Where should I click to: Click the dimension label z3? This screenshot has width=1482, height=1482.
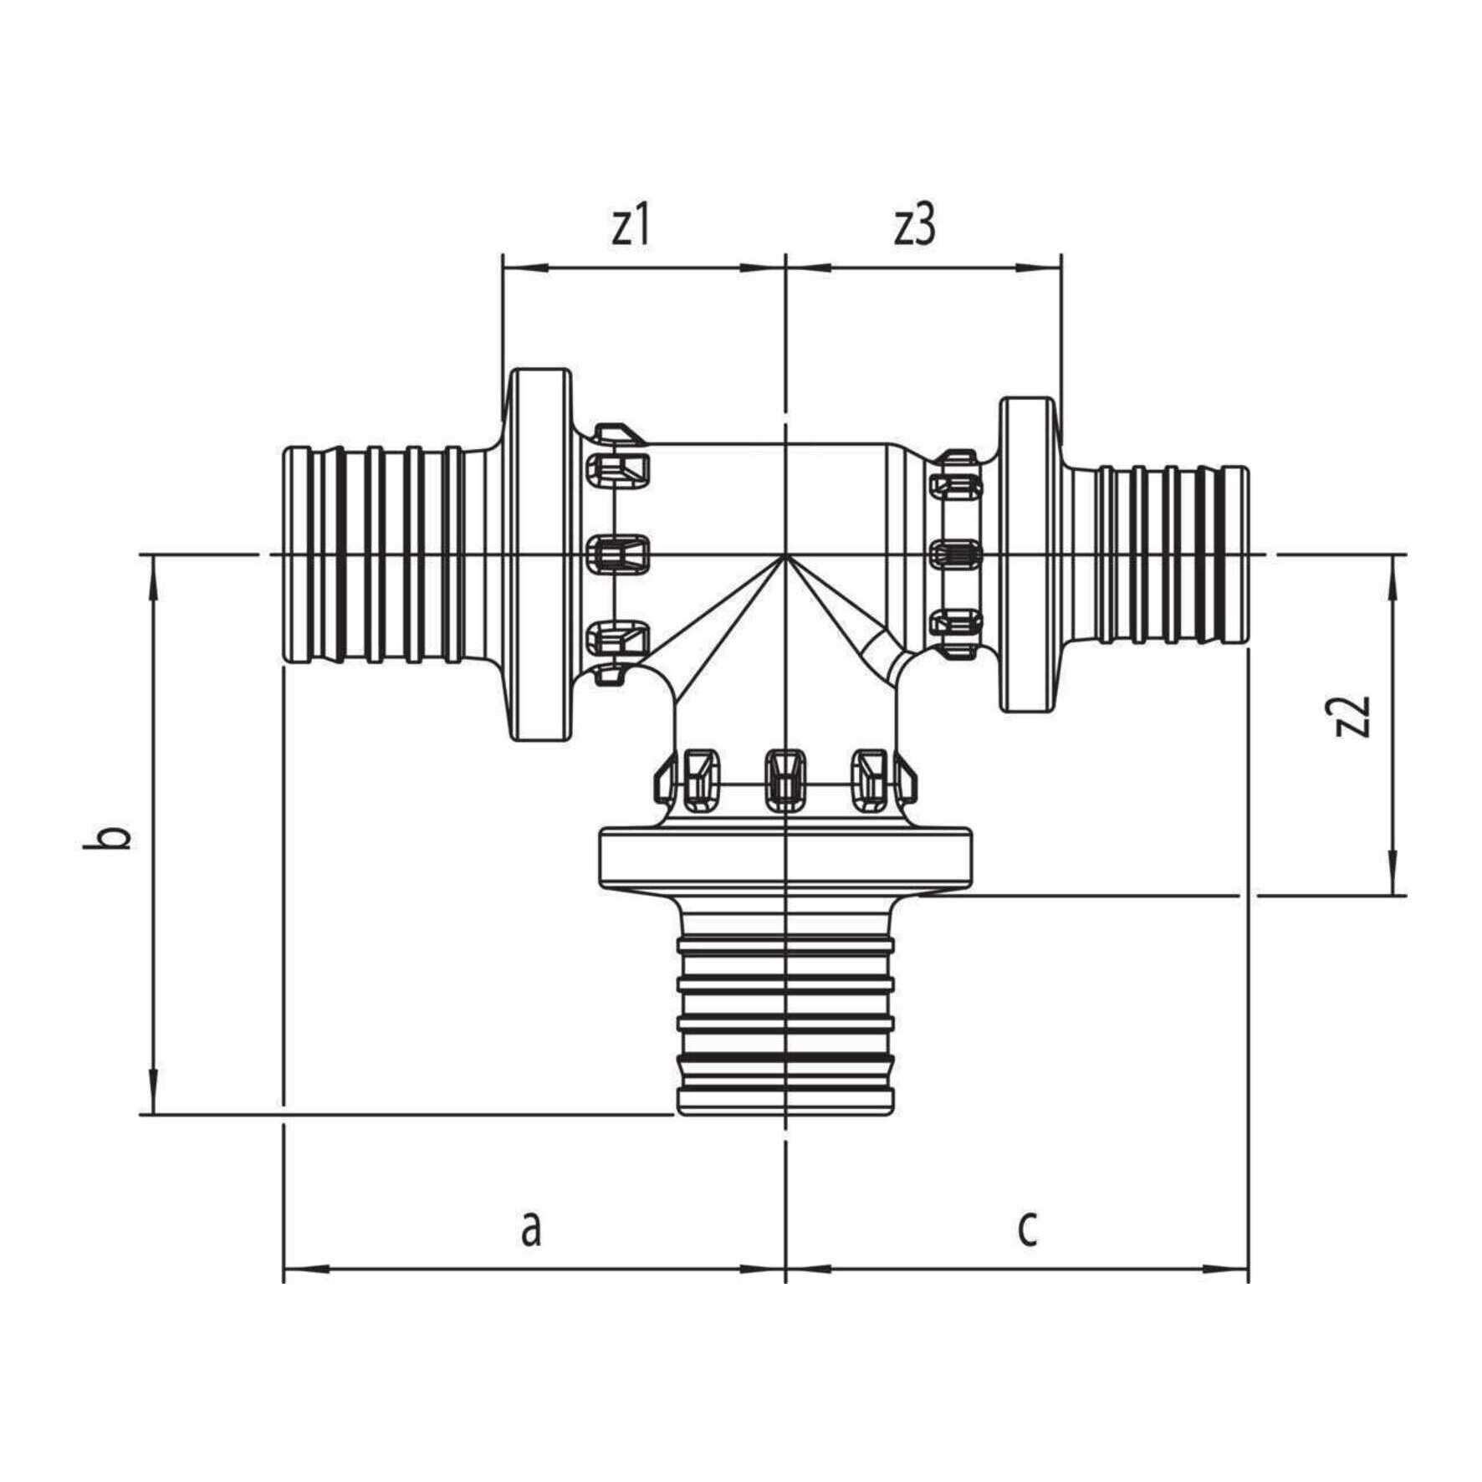click(x=914, y=227)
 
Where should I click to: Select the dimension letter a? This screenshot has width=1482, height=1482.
click(x=530, y=1251)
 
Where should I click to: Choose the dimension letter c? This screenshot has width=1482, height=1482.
click(x=1027, y=1251)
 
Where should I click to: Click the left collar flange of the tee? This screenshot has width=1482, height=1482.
click(x=541, y=554)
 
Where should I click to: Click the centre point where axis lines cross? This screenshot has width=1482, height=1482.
click(x=785, y=554)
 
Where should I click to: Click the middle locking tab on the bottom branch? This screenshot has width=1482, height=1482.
click(x=785, y=779)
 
